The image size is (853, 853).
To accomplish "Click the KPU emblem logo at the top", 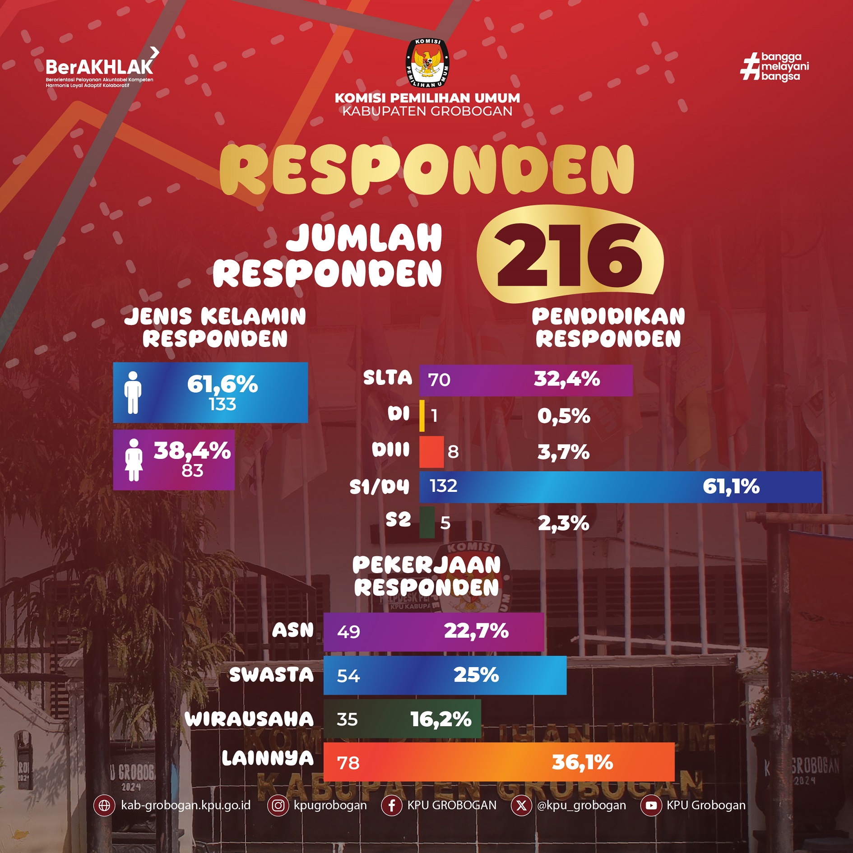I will (427, 63).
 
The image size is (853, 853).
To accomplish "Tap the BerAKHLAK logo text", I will (99, 68).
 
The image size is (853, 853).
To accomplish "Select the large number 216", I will (570, 255).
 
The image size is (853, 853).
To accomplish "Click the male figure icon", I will (133, 393).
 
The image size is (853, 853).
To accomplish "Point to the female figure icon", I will (134, 460).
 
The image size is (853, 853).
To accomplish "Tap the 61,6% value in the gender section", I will (223, 385).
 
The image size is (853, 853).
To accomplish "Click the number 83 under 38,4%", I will (192, 471).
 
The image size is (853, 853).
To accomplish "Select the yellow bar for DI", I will (422, 415).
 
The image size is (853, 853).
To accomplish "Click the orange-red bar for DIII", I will (431, 451).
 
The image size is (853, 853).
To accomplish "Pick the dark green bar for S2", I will (427, 523).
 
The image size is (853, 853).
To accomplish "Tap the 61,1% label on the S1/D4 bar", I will (731, 487).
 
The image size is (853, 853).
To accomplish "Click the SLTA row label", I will (388, 378).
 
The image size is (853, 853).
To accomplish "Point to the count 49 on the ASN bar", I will (348, 632).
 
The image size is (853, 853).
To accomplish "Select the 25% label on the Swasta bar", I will (476, 675).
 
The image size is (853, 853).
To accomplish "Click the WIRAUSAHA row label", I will (249, 719).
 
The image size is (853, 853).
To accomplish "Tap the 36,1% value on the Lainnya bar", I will (582, 762).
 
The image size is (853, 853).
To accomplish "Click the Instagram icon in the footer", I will (278, 806).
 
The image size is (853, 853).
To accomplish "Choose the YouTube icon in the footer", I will (651, 806).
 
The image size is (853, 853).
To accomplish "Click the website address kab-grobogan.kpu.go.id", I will (185, 806).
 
